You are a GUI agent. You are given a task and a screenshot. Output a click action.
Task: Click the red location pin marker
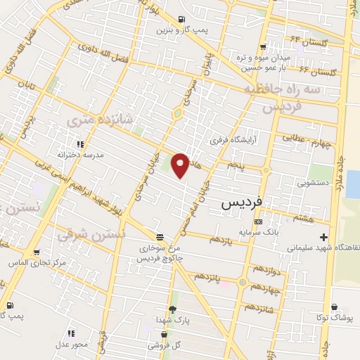coord(181,165)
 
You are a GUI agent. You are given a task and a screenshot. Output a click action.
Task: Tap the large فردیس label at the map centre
coord(242,201)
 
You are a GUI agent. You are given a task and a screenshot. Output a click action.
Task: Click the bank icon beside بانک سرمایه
coord(258,221)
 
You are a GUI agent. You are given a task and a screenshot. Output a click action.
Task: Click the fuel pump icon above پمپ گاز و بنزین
coord(182,19)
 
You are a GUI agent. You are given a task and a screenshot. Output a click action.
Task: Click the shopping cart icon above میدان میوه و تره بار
coord(262,46)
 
